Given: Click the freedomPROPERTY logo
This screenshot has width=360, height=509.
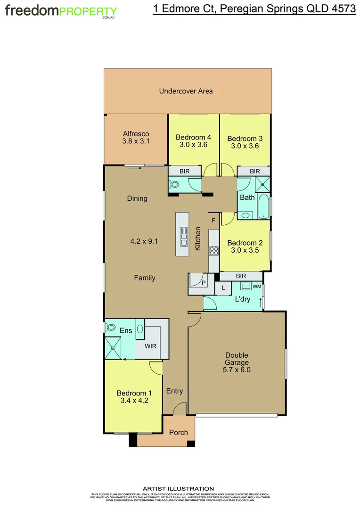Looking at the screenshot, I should [x=61, y=11].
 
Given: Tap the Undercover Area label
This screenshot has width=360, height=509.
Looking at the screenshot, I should [x=186, y=91].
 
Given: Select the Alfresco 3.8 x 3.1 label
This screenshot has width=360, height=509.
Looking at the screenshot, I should [x=136, y=137].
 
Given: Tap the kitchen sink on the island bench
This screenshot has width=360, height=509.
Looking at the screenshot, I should [x=182, y=238].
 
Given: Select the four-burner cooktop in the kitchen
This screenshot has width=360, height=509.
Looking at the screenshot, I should [x=214, y=251].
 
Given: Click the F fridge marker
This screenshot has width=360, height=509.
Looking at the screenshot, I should [x=213, y=220].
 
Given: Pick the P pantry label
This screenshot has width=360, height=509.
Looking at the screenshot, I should [x=204, y=283].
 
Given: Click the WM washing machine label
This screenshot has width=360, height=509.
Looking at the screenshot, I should [x=256, y=286].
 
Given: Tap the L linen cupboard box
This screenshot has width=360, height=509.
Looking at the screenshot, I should [x=223, y=287].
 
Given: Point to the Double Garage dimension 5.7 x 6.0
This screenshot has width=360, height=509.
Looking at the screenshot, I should [x=237, y=370].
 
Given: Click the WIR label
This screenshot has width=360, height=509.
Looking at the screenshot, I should [x=150, y=346].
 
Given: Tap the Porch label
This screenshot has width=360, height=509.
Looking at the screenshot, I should [x=179, y=432].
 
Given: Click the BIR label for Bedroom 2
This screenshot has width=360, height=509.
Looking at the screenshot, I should [x=241, y=276].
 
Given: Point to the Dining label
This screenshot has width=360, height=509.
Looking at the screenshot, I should [x=137, y=198].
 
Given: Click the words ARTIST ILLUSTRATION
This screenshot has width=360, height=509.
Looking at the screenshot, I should [x=178, y=489].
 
